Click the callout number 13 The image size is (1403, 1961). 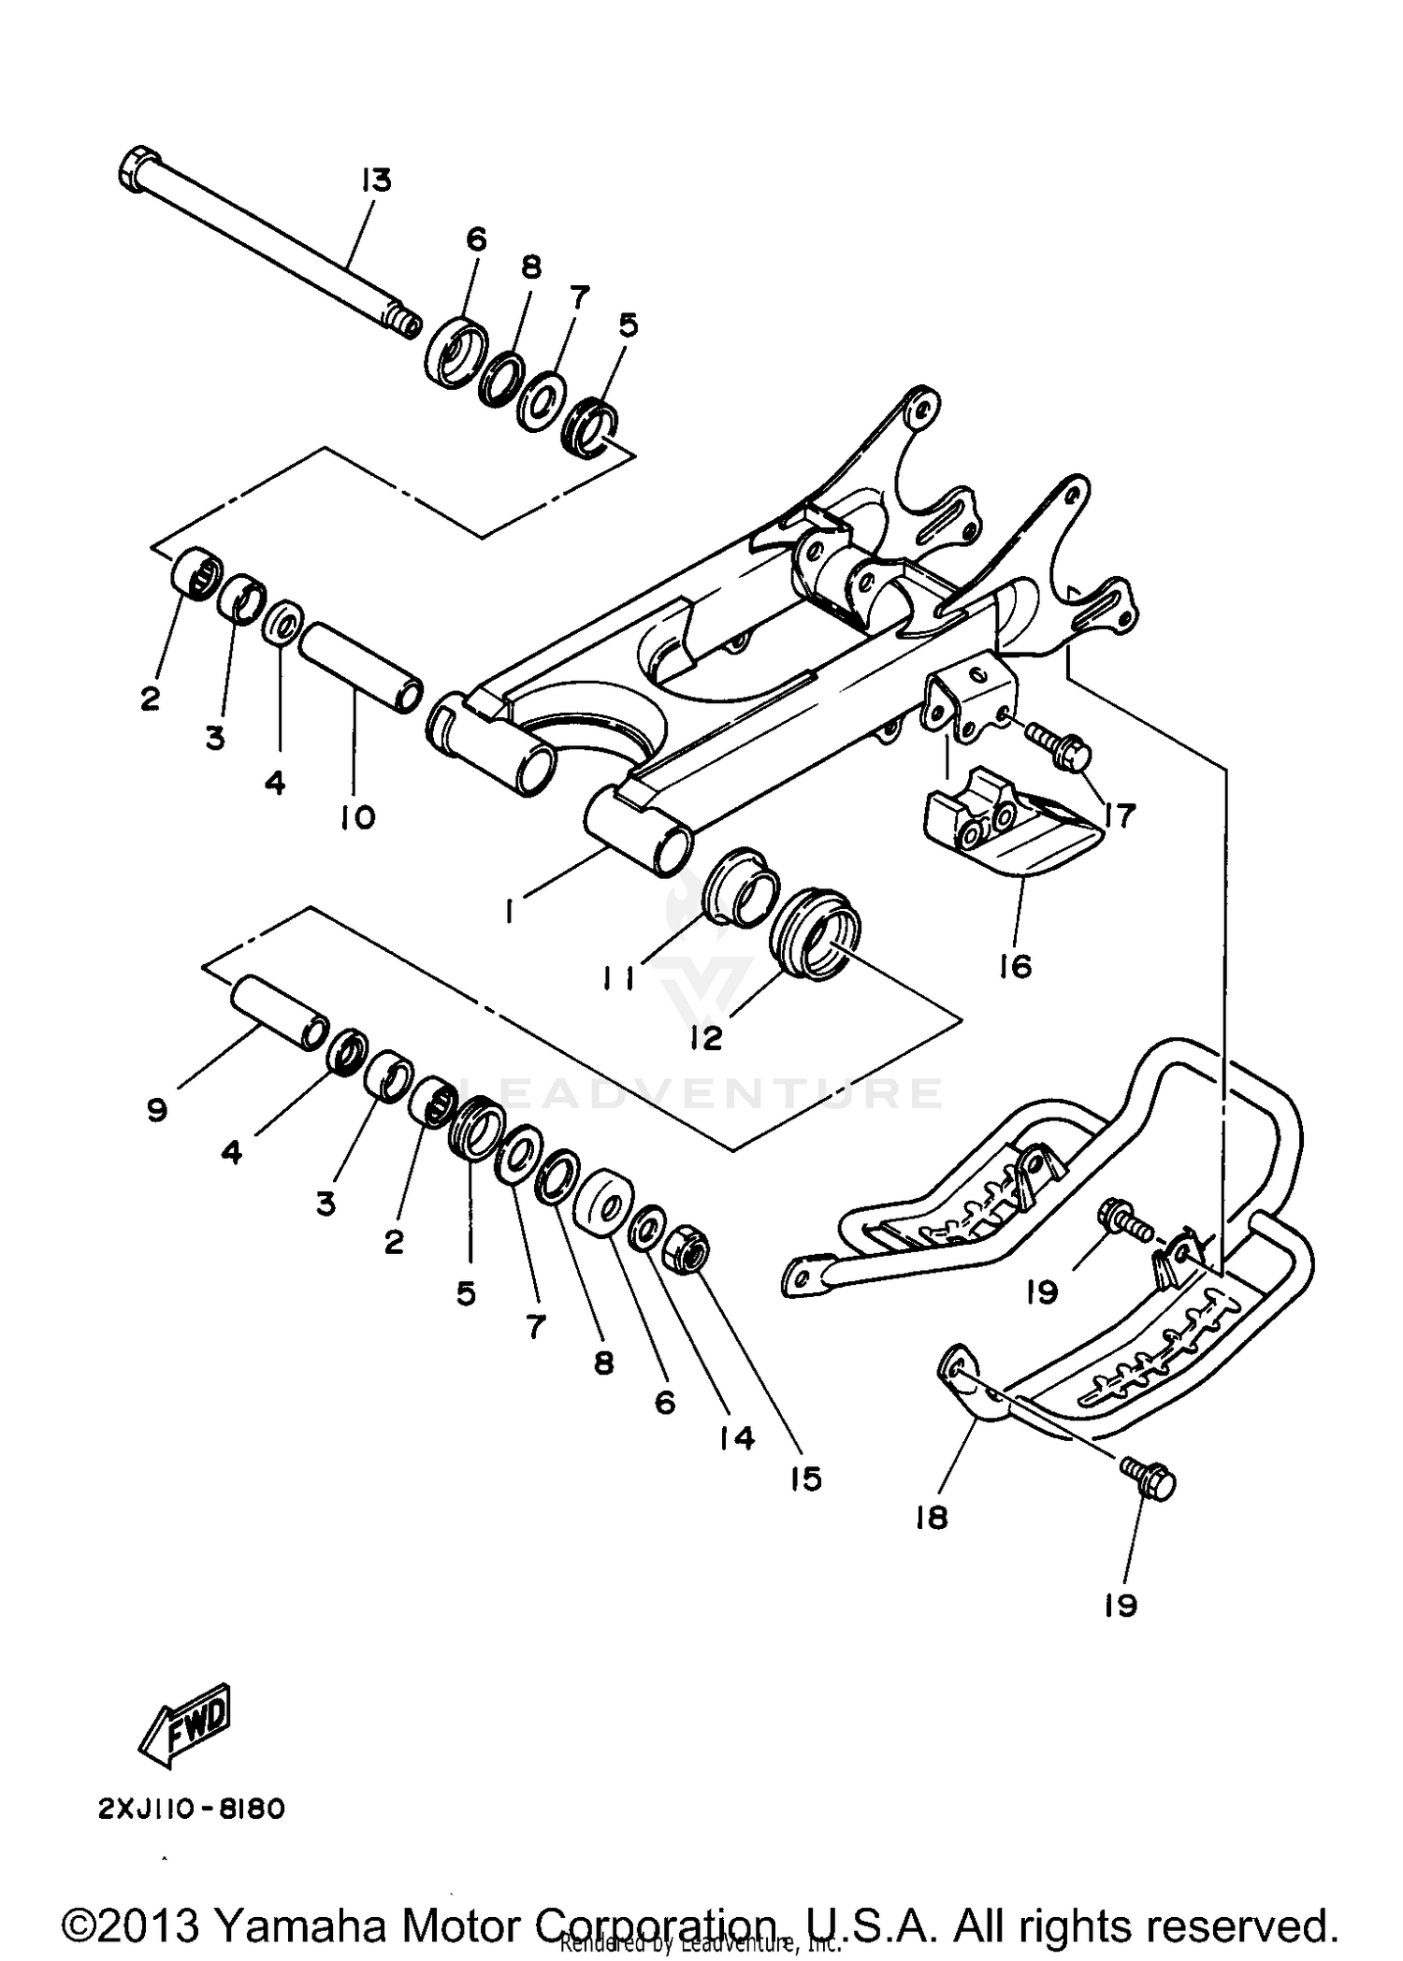click(377, 180)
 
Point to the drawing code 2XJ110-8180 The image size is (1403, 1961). click(190, 1809)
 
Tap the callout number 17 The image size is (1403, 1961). click(1119, 815)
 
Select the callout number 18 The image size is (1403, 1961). click(932, 1517)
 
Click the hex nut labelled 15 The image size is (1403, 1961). click(687, 1252)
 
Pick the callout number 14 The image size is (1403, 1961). click(737, 1437)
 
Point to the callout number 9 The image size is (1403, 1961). click(156, 1110)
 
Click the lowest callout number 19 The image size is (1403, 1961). click(1120, 1605)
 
